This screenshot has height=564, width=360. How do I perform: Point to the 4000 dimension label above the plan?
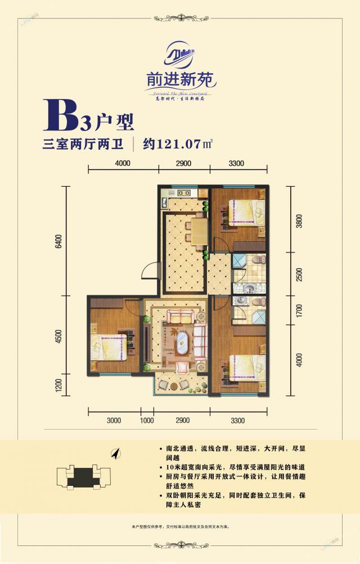(123, 164)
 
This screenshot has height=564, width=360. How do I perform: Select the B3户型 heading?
(87, 118)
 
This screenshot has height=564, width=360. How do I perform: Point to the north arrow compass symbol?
(117, 453)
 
